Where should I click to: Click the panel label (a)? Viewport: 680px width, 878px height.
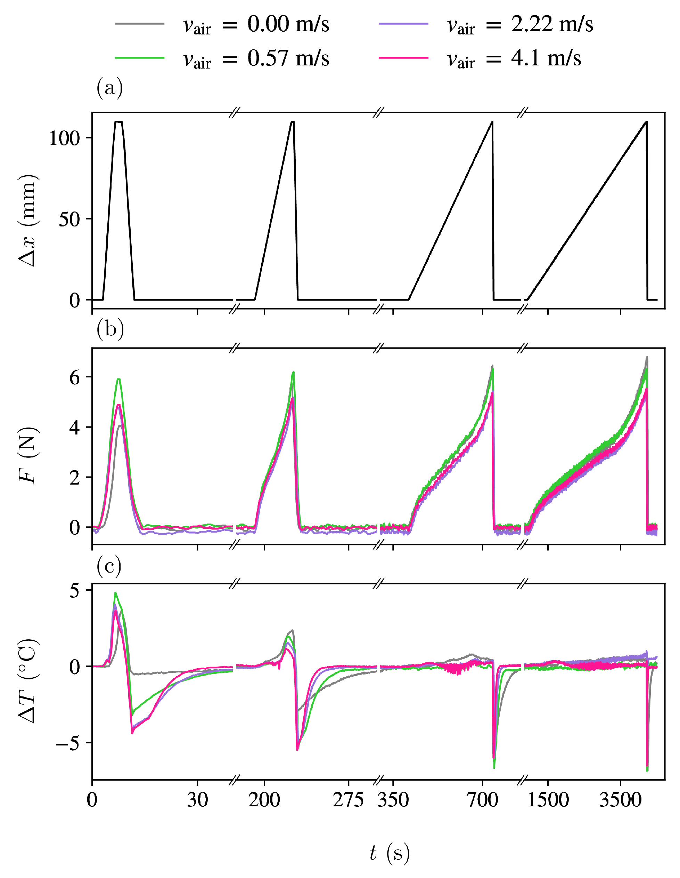point(109,88)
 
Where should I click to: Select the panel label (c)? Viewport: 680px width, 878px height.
point(109,566)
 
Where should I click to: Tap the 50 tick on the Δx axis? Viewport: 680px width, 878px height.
point(69,219)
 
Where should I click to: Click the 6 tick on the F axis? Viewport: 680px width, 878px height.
point(75,377)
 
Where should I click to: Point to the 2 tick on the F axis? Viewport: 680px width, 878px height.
point(75,478)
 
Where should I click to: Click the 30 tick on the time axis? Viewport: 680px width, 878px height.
point(197,800)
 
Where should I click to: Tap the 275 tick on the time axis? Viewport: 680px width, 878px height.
point(348,800)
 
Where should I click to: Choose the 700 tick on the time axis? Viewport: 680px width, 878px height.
point(482,800)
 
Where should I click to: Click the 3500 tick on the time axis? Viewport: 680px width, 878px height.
point(620,800)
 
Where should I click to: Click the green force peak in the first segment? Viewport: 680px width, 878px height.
point(118,379)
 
